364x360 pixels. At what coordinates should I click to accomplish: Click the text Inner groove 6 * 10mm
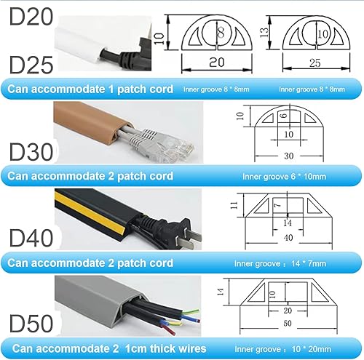(288, 176)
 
